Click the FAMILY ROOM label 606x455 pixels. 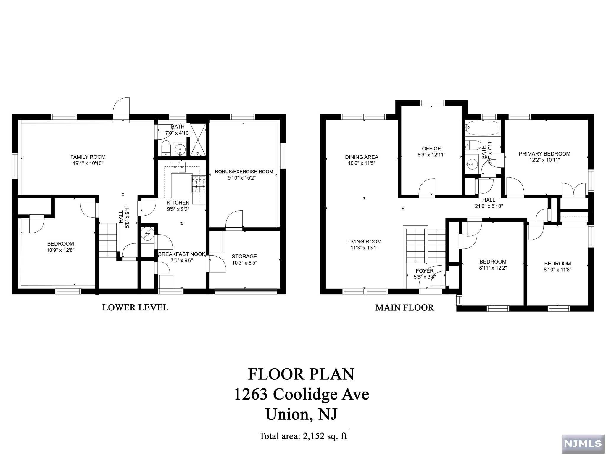(88, 157)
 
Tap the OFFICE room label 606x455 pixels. (431, 148)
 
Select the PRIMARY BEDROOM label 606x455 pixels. (544, 154)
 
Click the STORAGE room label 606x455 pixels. (244, 256)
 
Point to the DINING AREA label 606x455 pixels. (361, 157)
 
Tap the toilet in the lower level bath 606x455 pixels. (166, 148)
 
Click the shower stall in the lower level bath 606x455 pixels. (198, 140)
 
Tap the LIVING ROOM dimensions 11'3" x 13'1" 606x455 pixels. (364, 248)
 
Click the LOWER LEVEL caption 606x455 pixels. (135, 307)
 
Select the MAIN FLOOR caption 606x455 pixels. (404, 307)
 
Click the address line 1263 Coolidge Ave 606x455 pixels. (302, 394)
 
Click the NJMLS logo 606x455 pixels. (583, 443)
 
